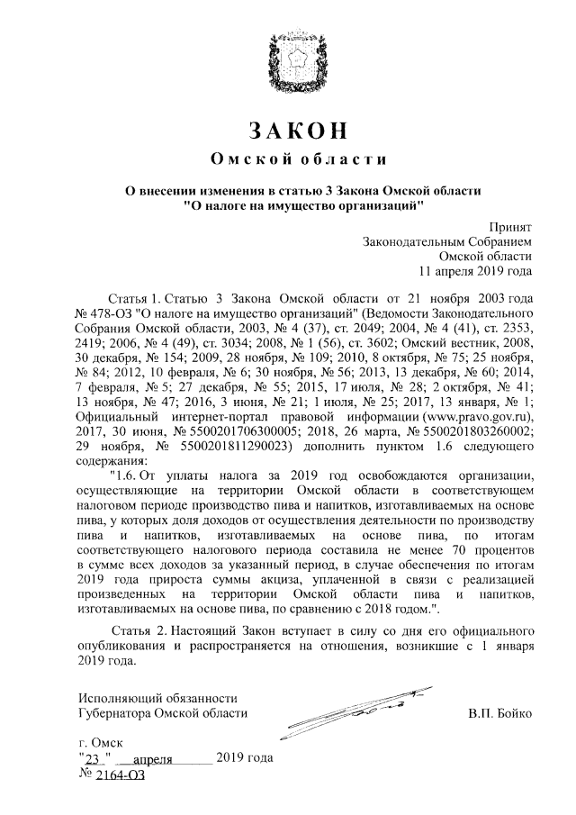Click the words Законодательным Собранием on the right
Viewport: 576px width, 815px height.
[x=446, y=241]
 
